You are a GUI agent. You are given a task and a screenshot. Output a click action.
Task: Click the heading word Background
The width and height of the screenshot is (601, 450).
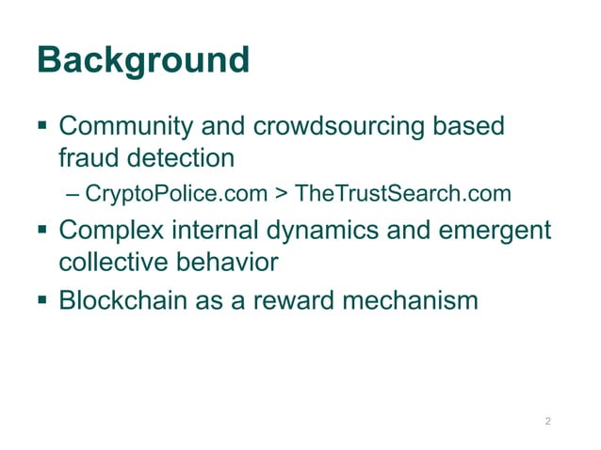(143, 61)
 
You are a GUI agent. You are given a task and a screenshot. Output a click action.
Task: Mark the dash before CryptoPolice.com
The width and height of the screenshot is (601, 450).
(74, 195)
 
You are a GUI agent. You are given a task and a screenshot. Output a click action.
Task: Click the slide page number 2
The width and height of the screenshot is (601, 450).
(547, 420)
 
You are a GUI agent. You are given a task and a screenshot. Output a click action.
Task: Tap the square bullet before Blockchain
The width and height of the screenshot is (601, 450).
(43, 300)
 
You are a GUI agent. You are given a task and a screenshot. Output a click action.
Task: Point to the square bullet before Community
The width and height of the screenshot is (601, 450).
(43, 125)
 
